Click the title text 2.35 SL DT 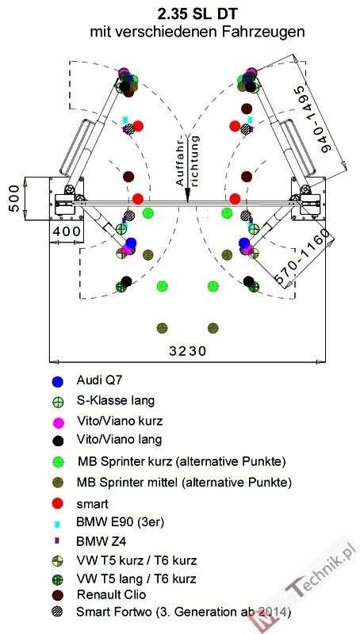click(197, 14)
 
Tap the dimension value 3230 click(187, 351)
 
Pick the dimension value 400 click(67, 232)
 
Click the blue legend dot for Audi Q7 click(58, 381)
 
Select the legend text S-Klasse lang click(115, 401)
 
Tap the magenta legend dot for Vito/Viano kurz click(58, 422)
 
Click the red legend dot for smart click(58, 504)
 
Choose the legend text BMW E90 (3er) click(120, 522)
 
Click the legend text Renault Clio click(111, 595)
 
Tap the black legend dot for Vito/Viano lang click(58, 441)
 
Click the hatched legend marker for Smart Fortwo click(58, 612)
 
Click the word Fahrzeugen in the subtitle click(265, 32)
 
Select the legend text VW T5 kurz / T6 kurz click(136, 561)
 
